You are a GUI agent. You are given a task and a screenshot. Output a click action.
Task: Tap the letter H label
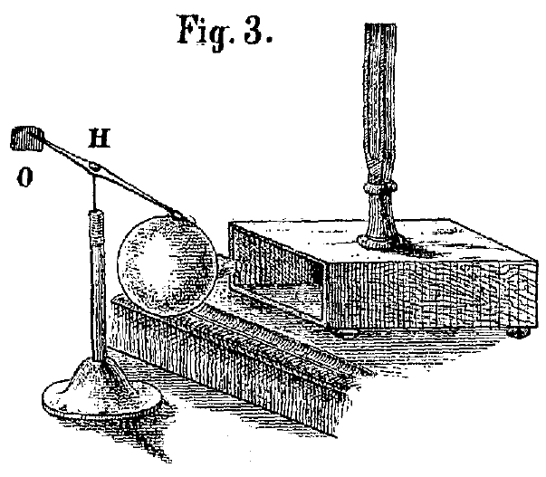pyautogui.click(x=100, y=138)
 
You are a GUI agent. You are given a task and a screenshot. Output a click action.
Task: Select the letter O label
pyautogui.click(x=25, y=176)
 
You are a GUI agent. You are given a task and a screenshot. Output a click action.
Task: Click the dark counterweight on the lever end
pyautogui.click(x=27, y=138)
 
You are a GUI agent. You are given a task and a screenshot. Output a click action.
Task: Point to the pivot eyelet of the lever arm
pyautogui.click(x=95, y=167)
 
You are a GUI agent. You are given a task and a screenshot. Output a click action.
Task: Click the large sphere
pyautogui.click(x=168, y=264)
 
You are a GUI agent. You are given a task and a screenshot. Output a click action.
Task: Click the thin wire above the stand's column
pyautogui.click(x=94, y=192)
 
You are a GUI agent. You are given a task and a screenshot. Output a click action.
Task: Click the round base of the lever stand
pyautogui.click(x=101, y=400)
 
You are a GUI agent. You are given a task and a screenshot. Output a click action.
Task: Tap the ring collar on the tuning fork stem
pyautogui.click(x=380, y=187)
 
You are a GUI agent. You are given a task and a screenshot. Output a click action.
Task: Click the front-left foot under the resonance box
pyautogui.click(x=345, y=333)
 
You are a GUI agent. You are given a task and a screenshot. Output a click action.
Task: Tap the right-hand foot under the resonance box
pyautogui.click(x=519, y=333)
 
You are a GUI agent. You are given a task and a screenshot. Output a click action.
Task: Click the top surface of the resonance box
pyautogui.click(x=383, y=240)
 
